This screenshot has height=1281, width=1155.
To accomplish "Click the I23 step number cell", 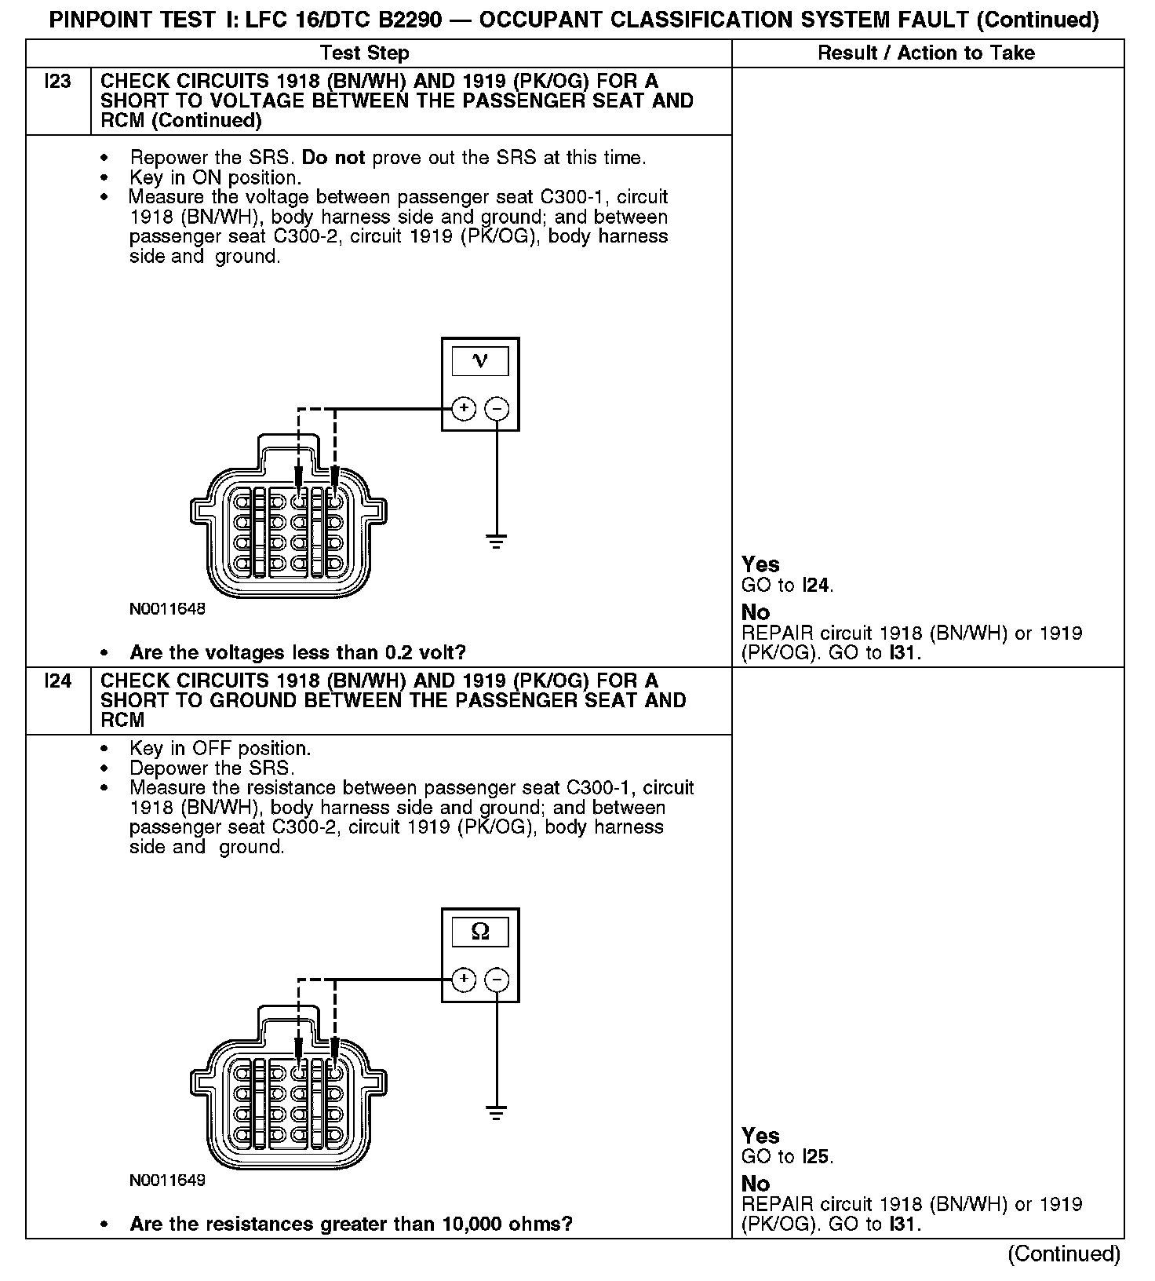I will click(x=58, y=82).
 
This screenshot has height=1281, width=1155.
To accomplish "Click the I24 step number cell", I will click(x=58, y=681).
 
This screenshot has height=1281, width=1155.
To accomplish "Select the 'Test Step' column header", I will click(x=365, y=53).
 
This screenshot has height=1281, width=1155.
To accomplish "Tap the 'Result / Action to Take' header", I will click(x=926, y=53).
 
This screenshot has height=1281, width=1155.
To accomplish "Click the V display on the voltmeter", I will click(x=480, y=361).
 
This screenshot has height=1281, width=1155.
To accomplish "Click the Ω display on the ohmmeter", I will click(x=480, y=932).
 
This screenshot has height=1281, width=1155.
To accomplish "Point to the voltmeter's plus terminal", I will click(x=464, y=408).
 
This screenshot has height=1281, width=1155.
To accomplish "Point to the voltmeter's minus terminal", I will click(x=497, y=408).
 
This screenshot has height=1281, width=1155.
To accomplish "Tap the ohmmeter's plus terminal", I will click(x=464, y=979).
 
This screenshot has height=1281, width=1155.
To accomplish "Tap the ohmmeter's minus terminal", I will click(x=497, y=979).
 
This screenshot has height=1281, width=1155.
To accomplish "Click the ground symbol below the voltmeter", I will click(x=496, y=542).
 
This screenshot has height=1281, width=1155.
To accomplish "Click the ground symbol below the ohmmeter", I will click(x=496, y=1112).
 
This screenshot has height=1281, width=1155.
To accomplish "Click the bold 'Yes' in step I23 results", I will click(x=760, y=564).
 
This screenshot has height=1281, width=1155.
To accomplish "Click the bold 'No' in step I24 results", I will click(x=756, y=1184).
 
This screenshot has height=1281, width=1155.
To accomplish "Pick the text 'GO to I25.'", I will click(x=787, y=1156).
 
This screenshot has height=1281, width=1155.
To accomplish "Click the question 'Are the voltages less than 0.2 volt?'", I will click(x=297, y=652).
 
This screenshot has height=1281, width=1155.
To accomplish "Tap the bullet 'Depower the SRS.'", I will click(x=212, y=768).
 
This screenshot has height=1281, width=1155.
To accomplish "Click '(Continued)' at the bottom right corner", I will click(x=1063, y=1254).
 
